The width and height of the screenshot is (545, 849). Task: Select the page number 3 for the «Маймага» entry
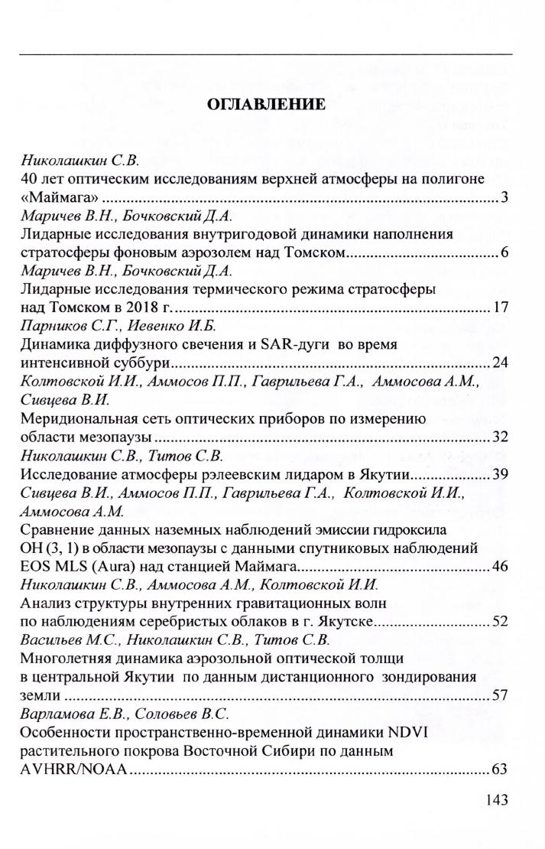[505, 199]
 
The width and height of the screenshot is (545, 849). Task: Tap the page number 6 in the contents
[505, 252]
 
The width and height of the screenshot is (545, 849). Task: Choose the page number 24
[501, 362]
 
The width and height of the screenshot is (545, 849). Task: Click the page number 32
[501, 438]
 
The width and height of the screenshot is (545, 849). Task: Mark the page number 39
[501, 474]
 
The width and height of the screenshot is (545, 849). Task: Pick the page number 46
[501, 567]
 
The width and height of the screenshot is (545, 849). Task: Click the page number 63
[501, 769]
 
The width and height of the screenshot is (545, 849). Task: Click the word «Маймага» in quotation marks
[53, 199]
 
